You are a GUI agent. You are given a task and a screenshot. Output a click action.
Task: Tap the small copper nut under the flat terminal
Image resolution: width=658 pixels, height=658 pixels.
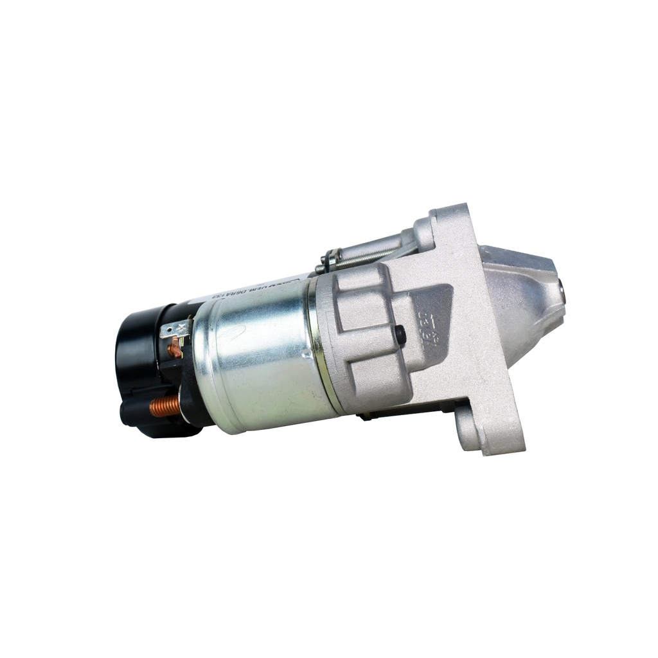[174, 351]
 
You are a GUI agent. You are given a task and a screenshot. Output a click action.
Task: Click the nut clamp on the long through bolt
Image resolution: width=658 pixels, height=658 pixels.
[330, 260]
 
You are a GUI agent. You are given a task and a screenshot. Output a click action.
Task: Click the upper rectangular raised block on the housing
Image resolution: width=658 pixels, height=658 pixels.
[360, 292]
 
